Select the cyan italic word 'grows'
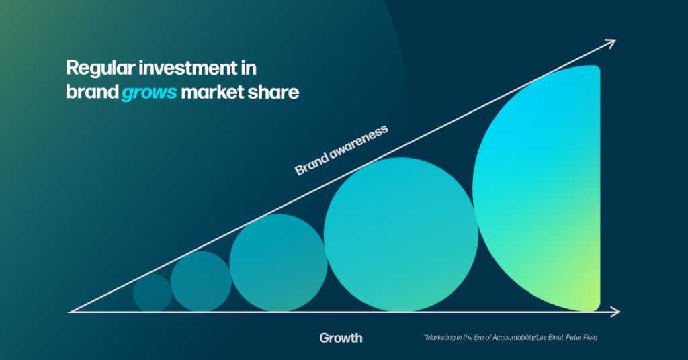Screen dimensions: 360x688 pos(149,93)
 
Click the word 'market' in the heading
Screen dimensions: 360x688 pos(214,92)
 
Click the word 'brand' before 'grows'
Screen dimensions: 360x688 pos(91,92)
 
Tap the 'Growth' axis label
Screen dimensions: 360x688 pos(341,338)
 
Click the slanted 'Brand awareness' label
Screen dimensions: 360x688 pos(342,150)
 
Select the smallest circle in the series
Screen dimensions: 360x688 pos(153,293)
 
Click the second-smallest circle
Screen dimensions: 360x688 pos(201,281)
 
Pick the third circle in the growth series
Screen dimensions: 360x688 pos(278,263)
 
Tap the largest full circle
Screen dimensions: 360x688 pos(400,234)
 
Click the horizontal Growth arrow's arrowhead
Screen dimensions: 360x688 pos(615,312)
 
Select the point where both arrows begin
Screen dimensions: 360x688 pos(71,312)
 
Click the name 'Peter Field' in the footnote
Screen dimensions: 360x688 pos(579,338)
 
